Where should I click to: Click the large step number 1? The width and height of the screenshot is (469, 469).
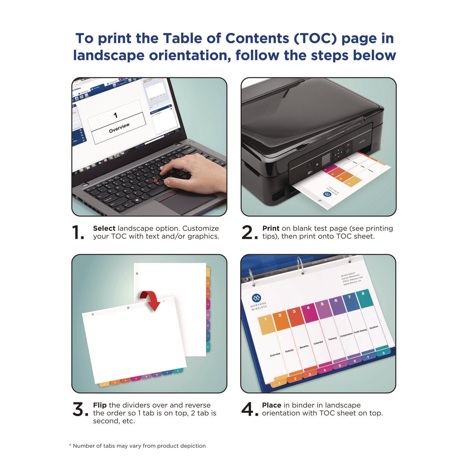pos(78,233)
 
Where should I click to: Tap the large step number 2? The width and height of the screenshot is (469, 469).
pos(249,233)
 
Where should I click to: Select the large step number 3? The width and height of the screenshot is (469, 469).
pos(79,409)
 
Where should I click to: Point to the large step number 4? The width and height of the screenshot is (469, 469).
pos(249,409)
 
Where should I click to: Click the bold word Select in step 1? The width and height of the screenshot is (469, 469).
pos(104,229)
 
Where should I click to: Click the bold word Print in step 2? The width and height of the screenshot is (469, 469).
pos(271,229)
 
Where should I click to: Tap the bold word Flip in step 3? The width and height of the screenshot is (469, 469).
pos(100,405)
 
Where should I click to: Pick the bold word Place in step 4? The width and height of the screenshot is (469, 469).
pos(271,405)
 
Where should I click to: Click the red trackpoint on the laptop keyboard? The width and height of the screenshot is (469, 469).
pos(155,181)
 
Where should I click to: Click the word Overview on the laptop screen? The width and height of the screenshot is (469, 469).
pos(119,128)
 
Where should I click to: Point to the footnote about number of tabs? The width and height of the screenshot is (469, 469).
pos(137,446)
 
